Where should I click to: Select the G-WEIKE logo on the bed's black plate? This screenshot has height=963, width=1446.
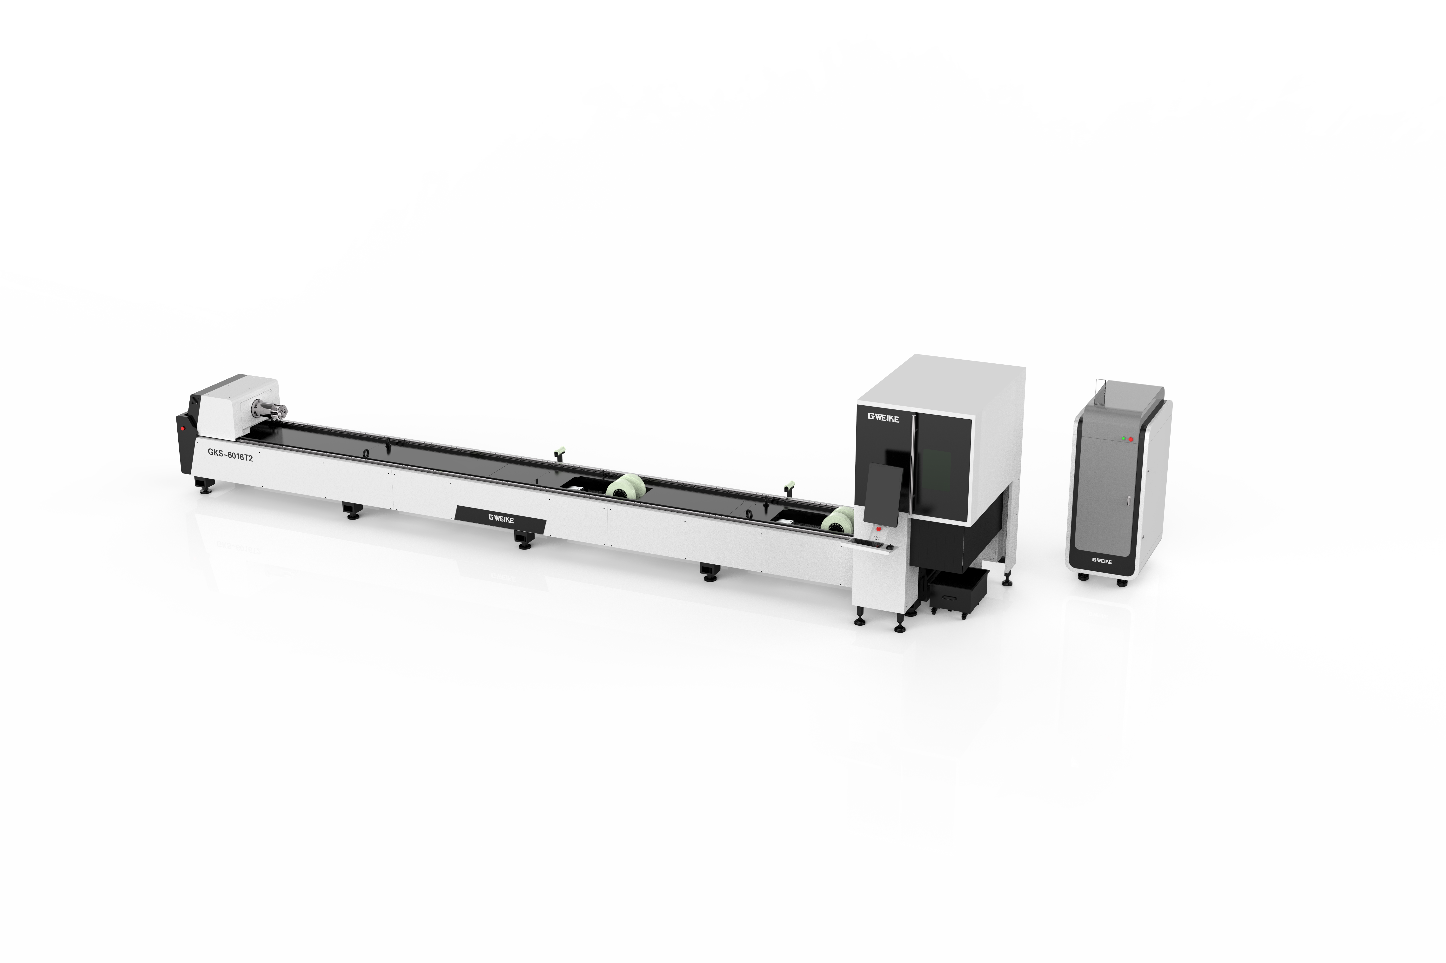pyautogui.click(x=501, y=519)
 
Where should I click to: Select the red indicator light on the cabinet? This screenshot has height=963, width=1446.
pyautogui.click(x=1130, y=440)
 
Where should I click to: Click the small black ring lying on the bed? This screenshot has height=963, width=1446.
pyautogui.click(x=366, y=453)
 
